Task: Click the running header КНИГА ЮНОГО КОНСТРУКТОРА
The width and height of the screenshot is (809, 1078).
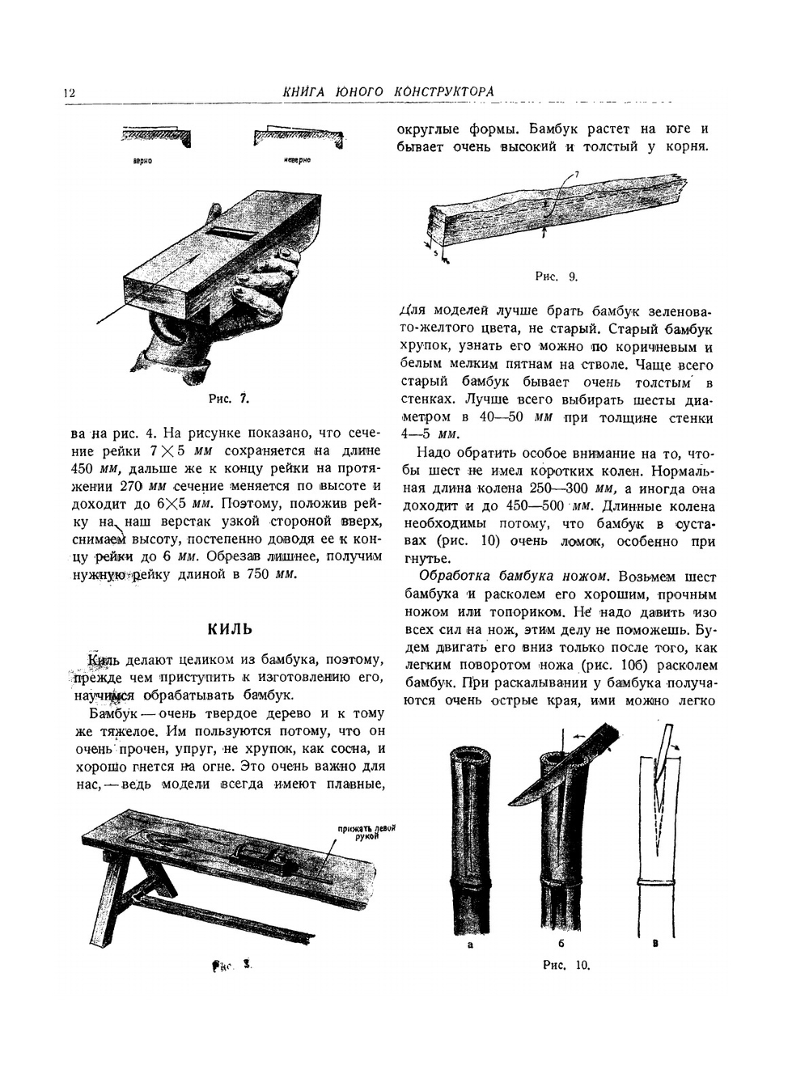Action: click(x=388, y=92)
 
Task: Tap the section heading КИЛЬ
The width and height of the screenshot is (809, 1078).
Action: click(x=230, y=629)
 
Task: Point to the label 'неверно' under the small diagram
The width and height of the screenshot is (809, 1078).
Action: click(x=296, y=161)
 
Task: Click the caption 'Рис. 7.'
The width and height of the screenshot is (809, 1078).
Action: click(x=228, y=398)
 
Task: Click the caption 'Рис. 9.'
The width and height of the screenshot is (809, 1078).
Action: click(x=557, y=277)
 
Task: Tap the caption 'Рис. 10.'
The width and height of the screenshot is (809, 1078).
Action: click(x=566, y=964)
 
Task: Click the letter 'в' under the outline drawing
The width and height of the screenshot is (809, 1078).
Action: click(x=655, y=943)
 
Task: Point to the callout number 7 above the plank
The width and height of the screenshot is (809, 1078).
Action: click(x=576, y=174)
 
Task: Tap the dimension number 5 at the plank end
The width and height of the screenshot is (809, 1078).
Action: click(x=434, y=253)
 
